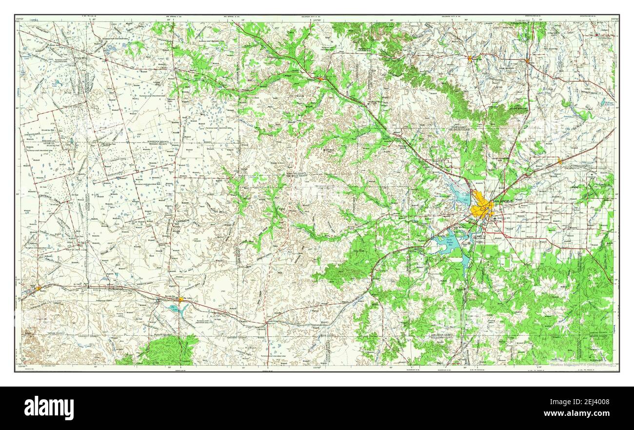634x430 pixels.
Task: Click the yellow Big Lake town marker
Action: (x=180, y=299)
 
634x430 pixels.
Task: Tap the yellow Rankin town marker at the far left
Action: (x=38, y=288)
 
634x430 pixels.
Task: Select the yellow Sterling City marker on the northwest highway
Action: (x=320, y=78)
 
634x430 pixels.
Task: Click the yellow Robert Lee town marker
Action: (x=470, y=59)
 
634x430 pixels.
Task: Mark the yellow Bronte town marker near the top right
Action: (x=527, y=61)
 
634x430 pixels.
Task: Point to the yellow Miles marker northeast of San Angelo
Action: (x=560, y=161)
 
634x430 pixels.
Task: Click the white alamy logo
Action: (x=49, y=408)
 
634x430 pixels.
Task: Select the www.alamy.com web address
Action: (x=580, y=413)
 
